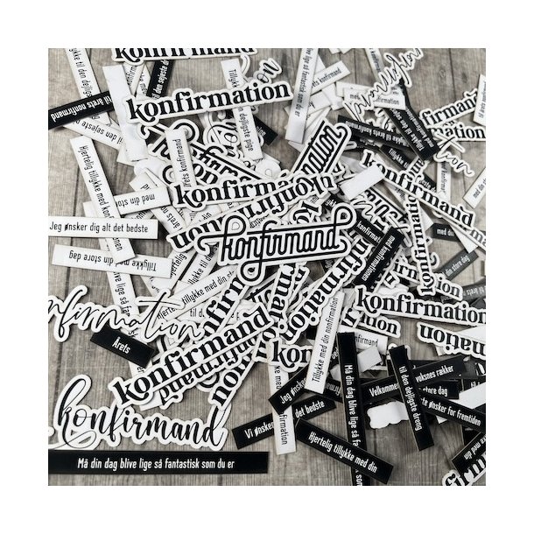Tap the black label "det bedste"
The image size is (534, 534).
coord(311,412)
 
